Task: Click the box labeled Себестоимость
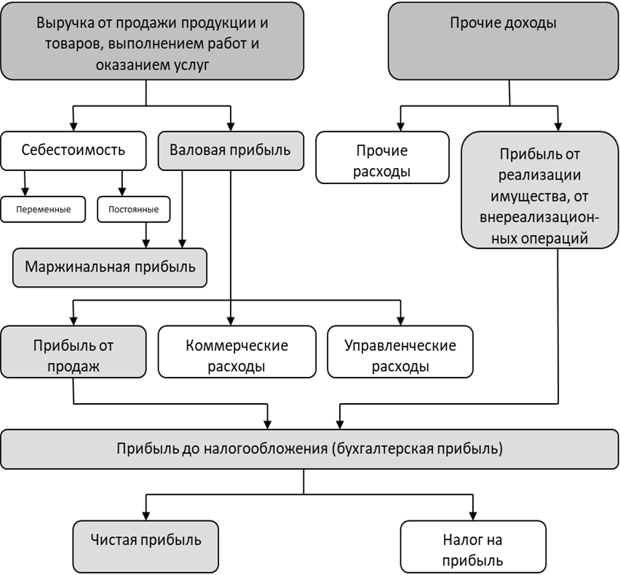coord(73,151)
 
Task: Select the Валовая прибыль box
coord(231,151)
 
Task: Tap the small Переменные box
coord(43,209)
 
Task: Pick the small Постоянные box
coord(134,209)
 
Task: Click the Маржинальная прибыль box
coord(110,267)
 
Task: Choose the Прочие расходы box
coord(382,157)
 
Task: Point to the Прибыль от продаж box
coord(73,352)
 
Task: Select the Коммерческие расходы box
coord(237,352)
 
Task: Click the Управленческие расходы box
coord(400,352)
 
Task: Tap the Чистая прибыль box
coord(146,547)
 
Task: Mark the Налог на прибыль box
coord(473,547)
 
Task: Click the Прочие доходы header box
coord(504,41)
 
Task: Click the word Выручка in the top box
coord(65,23)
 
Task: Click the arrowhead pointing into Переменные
coord(25,192)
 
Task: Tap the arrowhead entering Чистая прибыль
coord(146,516)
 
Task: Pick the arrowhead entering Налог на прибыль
coord(473,516)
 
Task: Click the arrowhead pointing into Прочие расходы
coord(400,127)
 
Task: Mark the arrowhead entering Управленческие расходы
coord(400,321)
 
